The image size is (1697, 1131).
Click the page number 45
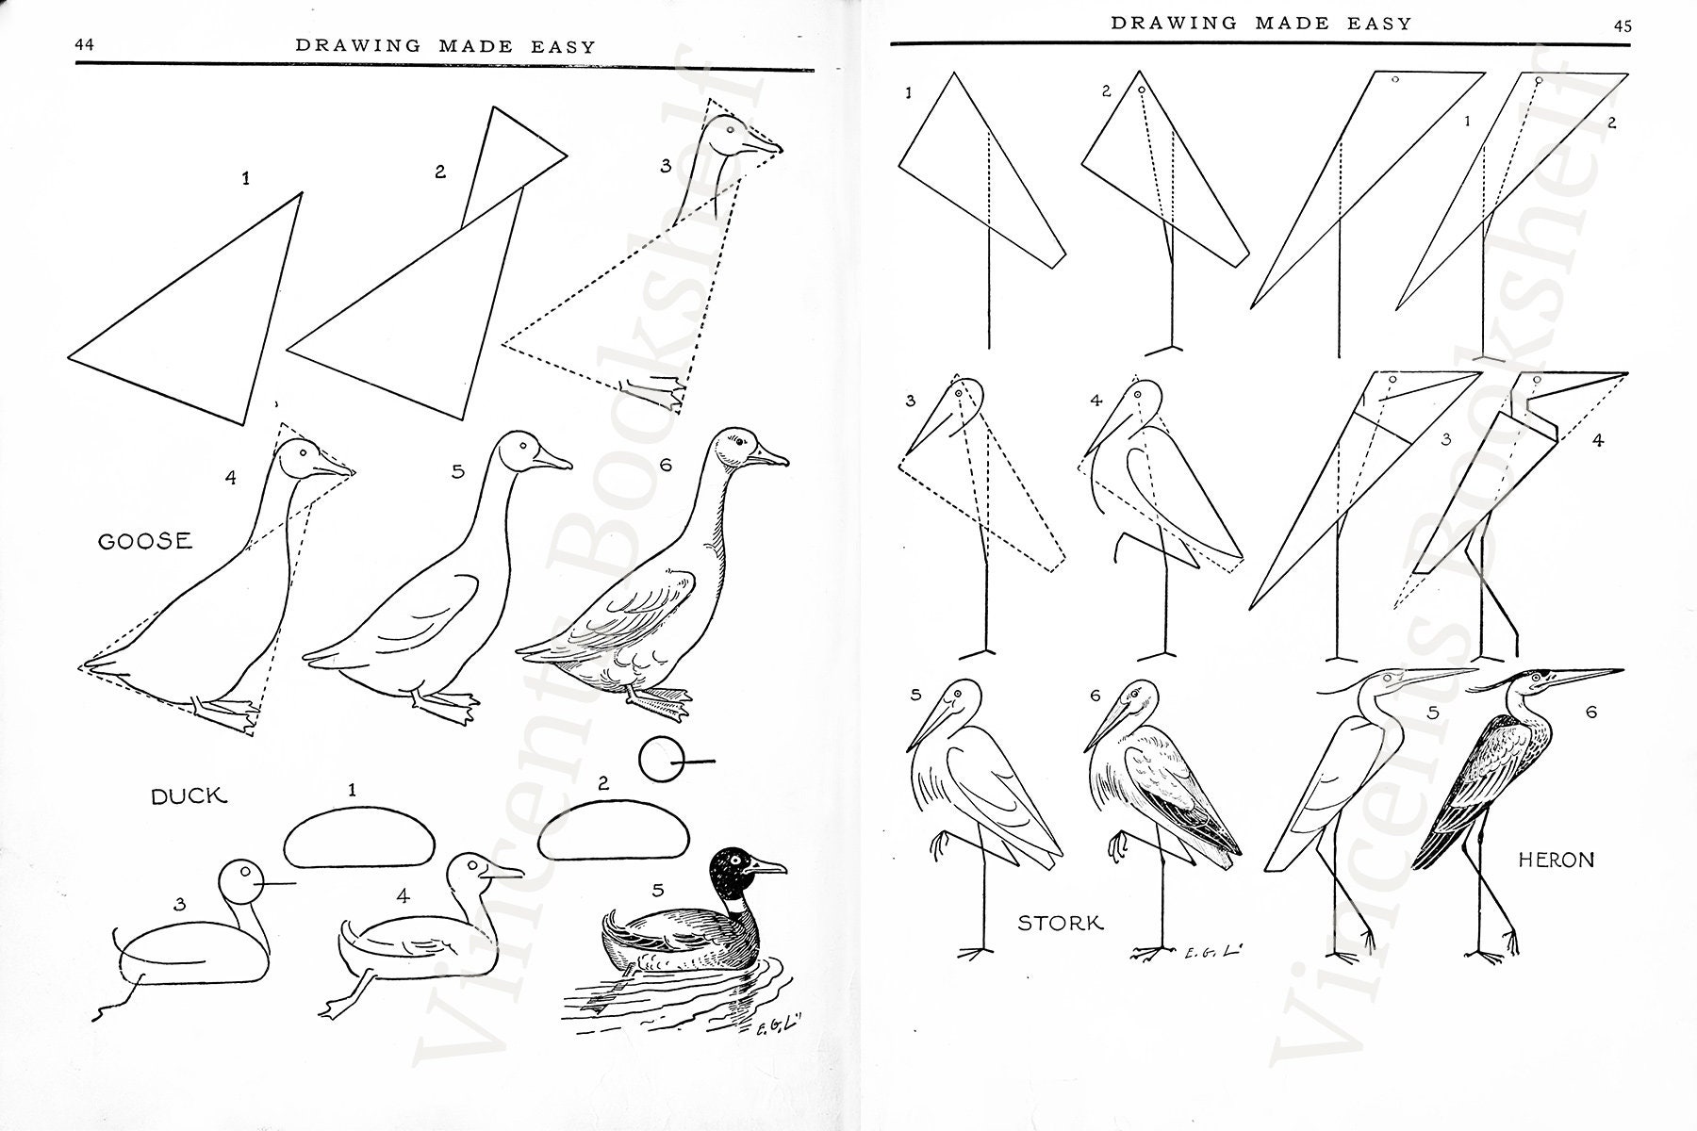pos(1622,26)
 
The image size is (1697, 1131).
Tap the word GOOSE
pos(145,541)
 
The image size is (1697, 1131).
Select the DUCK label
pos(189,796)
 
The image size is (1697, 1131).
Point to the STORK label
pos(1060,923)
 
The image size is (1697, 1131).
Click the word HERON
pos(1557,860)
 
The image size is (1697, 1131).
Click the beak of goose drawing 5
pos(552,460)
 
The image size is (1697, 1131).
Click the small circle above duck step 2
pos(659,760)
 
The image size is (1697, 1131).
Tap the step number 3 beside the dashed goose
pos(666,166)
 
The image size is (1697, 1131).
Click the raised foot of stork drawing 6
pos(1118,848)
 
